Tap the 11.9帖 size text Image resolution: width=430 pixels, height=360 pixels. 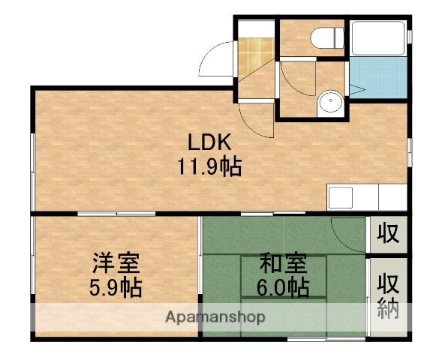coord(209,166)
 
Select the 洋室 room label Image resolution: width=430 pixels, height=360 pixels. coord(115,264)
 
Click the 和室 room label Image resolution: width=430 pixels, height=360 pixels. coord(283,264)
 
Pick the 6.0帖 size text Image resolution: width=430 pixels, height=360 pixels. coord(283,286)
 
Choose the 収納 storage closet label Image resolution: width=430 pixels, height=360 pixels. coord(388,296)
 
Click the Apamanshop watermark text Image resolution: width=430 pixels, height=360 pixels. coord(215,317)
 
